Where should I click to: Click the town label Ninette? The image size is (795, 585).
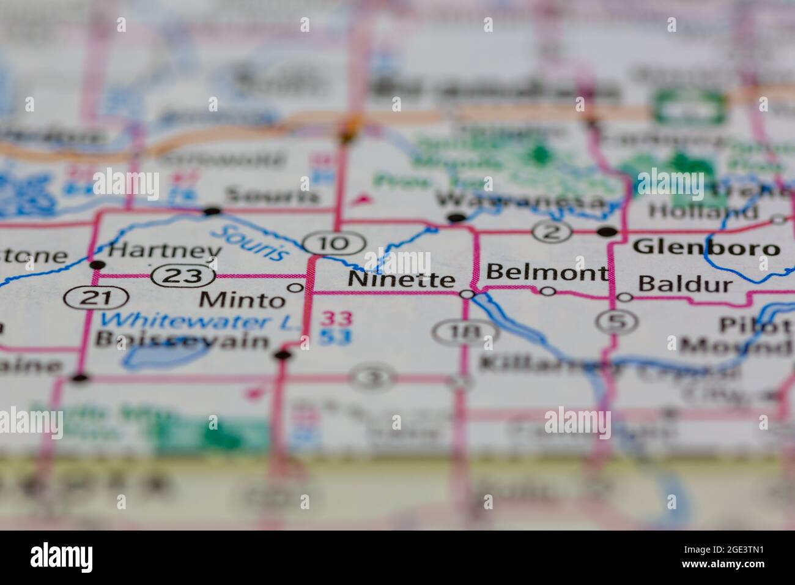(x=401, y=280)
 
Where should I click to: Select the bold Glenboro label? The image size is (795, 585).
(x=706, y=247)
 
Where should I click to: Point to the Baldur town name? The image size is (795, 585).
(x=684, y=284)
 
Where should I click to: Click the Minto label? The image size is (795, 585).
(x=243, y=300)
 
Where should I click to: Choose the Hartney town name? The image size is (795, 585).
(x=164, y=252)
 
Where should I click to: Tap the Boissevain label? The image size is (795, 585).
(x=183, y=341)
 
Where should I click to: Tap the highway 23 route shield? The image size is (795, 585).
(x=183, y=276)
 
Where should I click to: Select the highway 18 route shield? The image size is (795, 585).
(x=464, y=332)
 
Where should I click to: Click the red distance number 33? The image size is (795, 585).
(x=337, y=319)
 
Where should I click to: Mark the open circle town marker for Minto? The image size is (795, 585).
(x=295, y=288)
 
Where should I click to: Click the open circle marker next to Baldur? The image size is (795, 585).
(x=624, y=297)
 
